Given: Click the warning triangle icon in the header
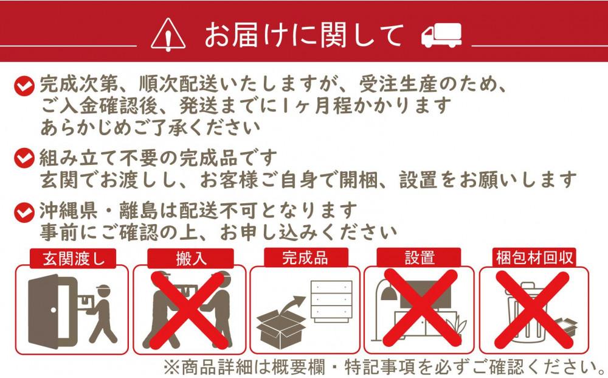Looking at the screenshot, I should (168, 34).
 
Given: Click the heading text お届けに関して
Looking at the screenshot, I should (304, 34).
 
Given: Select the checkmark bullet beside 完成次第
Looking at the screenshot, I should (23, 86).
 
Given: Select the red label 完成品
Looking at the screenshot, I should (305, 257).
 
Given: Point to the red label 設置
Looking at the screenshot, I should (419, 257).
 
